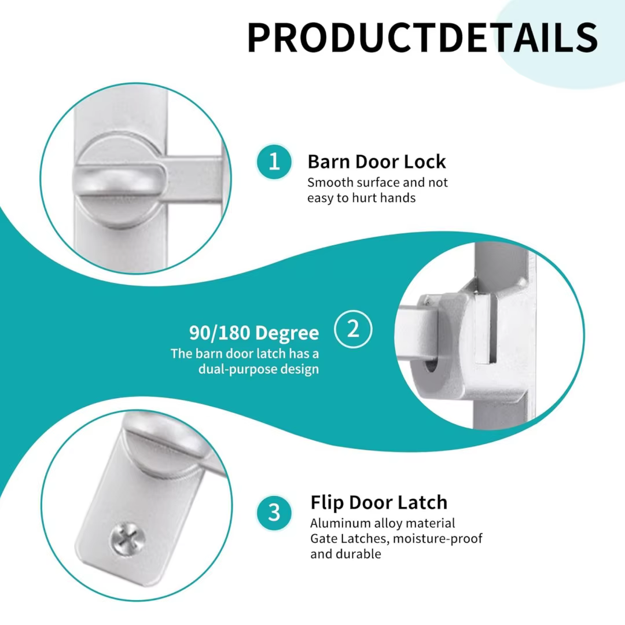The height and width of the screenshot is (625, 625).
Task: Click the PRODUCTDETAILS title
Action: (422, 38)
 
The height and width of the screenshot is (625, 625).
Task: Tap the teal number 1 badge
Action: (274, 162)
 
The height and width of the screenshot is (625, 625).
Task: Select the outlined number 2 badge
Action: (353, 329)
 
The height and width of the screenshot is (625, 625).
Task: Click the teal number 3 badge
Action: (274, 513)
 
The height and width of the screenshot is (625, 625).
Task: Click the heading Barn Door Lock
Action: (377, 162)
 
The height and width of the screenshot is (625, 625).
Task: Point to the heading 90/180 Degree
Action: (254, 333)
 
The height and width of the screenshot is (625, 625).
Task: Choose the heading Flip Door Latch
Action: (379, 502)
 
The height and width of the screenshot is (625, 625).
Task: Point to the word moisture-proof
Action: (437, 539)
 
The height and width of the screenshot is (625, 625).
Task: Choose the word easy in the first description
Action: (321, 198)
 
